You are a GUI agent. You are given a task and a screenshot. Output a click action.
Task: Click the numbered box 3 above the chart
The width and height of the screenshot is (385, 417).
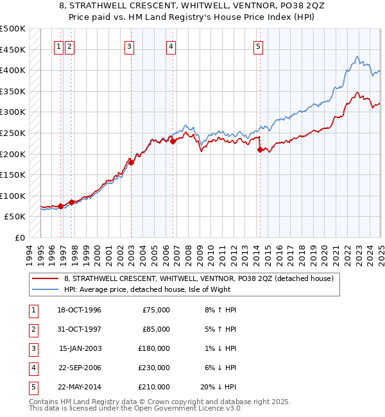(x=130, y=46)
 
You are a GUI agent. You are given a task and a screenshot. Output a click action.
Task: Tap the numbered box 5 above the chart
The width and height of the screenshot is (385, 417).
(x=258, y=46)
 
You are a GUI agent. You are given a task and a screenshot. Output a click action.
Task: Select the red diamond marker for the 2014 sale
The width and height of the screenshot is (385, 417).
(x=260, y=149)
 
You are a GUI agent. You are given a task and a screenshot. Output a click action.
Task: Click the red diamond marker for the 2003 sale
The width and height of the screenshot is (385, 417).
(x=131, y=162)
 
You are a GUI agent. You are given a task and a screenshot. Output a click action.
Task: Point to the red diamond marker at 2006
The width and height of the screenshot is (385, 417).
(x=173, y=141)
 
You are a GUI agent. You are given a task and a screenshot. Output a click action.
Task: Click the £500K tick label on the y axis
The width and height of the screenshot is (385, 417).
(x=13, y=29)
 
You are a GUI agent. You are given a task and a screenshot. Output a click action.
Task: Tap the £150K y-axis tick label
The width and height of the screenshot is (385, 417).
(x=13, y=175)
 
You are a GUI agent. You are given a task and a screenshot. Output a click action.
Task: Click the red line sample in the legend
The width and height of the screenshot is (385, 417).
(x=46, y=279)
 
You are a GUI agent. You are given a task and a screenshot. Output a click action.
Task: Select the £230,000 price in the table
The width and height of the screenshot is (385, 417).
(x=155, y=368)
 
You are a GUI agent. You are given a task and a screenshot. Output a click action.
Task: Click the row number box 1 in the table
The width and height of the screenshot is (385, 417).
(x=31, y=310)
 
